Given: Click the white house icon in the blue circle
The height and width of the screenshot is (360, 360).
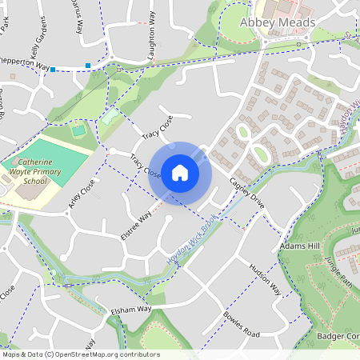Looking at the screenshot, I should click(x=180, y=172).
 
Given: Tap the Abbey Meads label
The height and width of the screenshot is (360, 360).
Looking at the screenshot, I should click(x=278, y=22).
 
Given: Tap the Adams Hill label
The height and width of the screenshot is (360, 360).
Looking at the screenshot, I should click(x=299, y=247).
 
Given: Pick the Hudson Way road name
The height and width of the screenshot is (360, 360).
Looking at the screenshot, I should click(x=265, y=276).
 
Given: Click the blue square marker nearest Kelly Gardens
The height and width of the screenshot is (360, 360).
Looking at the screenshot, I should click(x=53, y=70).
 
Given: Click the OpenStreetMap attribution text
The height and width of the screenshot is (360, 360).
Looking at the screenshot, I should click(x=80, y=354).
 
